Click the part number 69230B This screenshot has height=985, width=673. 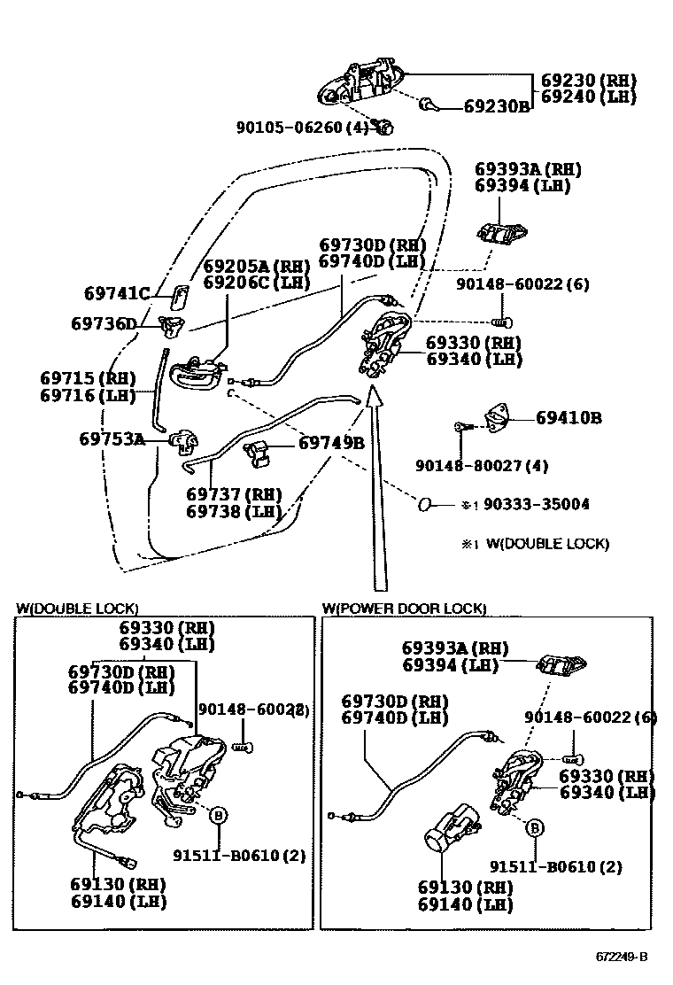[496, 107]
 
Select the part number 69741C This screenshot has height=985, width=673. [117, 293]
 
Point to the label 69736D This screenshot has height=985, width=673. [104, 324]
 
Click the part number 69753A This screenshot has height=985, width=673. [112, 438]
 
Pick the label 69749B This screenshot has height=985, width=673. [331, 443]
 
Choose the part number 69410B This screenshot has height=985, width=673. [569, 417]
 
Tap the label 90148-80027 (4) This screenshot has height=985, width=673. [482, 465]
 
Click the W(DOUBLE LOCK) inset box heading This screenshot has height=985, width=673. [77, 608]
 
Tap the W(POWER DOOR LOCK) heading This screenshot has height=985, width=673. [404, 608]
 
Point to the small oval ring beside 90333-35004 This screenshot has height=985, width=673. [425, 504]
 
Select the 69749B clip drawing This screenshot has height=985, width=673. [258, 451]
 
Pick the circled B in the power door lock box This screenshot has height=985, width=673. [535, 828]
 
